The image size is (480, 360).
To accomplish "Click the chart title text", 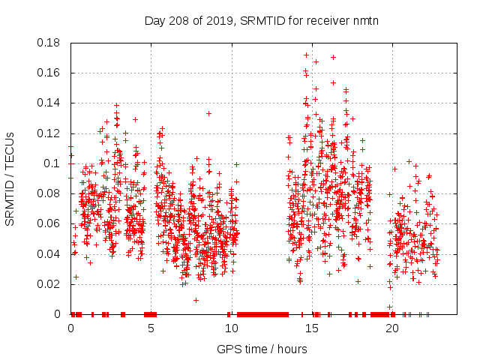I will coord(262,20).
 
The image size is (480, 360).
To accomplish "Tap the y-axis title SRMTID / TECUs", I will coord(10,178).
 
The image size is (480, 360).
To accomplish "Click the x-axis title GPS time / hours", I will coord(262,349).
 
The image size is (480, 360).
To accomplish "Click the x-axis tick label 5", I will coord(151,328).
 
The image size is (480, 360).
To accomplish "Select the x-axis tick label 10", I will coord(231,328).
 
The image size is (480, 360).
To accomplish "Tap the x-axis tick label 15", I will coord(311,328).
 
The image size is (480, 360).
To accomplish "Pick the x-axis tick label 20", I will coord(391,328).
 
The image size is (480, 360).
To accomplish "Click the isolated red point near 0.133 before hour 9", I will coord(208,113).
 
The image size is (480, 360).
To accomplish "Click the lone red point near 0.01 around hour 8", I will coord(196,300).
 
